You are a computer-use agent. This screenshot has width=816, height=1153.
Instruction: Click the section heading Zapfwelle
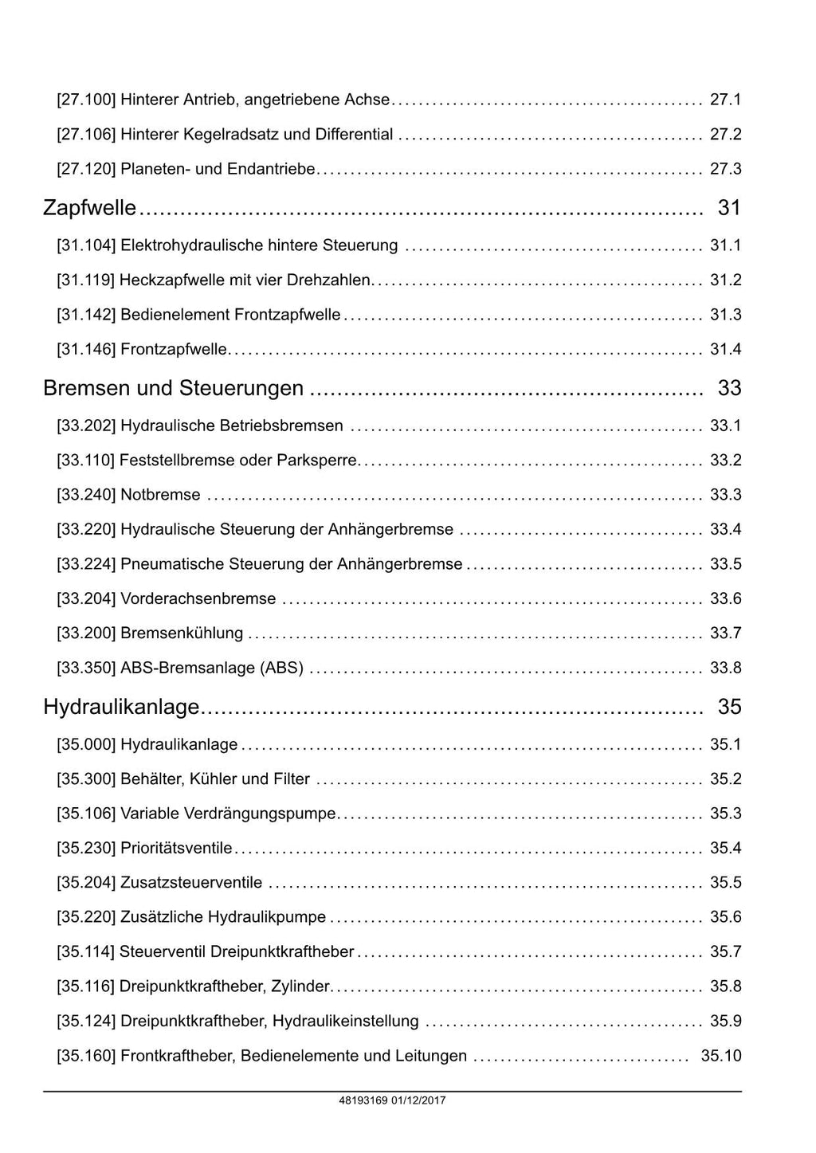(90, 208)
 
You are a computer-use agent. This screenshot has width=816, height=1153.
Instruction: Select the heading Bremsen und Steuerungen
(174, 388)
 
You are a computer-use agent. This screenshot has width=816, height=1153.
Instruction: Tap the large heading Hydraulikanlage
(121, 707)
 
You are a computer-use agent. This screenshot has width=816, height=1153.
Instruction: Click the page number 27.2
(725, 134)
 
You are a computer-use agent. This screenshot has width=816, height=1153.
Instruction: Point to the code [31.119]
(86, 280)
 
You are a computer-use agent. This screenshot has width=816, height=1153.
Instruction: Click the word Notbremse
(160, 495)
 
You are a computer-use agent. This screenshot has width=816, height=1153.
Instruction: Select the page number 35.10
(720, 1056)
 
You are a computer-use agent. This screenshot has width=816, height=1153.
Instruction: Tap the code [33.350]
(86, 668)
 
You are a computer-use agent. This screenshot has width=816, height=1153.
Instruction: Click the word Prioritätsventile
(176, 848)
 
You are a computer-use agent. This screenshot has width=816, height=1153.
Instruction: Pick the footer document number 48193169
(363, 1100)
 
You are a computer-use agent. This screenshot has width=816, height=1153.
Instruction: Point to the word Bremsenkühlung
(182, 633)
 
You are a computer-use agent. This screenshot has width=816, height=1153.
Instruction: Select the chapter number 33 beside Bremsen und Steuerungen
(729, 388)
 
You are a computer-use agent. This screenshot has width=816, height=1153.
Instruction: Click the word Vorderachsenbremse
(198, 598)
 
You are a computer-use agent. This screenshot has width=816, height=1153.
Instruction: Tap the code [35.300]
(86, 778)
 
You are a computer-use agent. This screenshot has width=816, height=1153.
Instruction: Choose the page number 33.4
(725, 529)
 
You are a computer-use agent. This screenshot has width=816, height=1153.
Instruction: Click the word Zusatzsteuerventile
(191, 883)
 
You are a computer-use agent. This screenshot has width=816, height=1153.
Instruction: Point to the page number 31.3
(725, 315)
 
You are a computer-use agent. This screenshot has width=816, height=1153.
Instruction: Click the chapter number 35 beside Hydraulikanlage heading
(729, 707)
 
